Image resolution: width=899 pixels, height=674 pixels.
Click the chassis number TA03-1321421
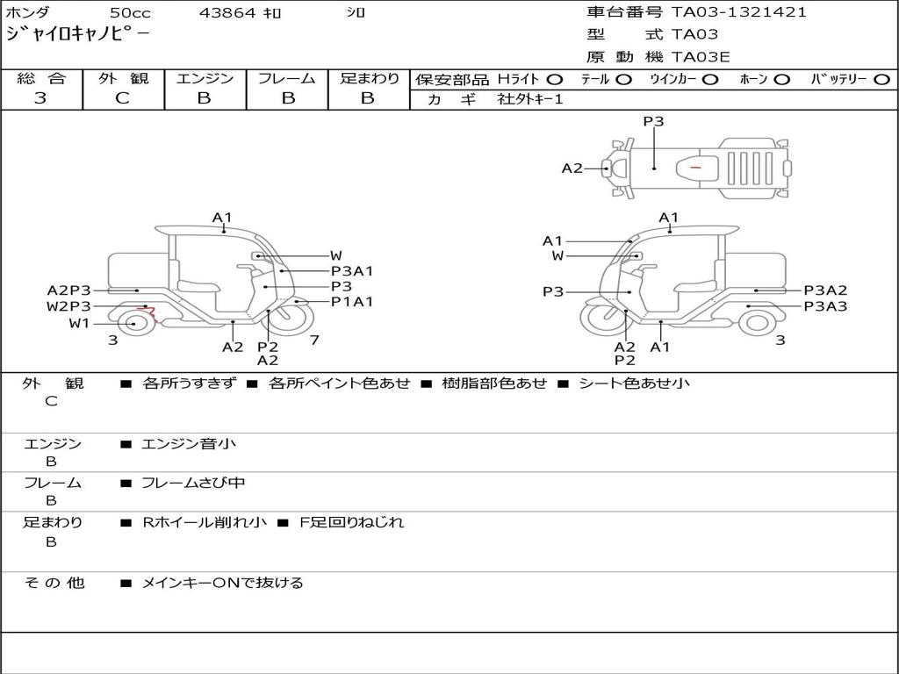(739, 12)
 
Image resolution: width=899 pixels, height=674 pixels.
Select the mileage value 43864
(227, 12)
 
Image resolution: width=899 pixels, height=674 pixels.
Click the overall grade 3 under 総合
(40, 97)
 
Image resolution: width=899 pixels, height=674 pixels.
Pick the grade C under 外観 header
(122, 97)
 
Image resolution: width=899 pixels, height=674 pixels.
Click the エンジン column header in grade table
(205, 78)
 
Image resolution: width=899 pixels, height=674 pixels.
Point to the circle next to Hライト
(555, 80)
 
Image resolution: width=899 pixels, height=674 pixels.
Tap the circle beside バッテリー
(881, 80)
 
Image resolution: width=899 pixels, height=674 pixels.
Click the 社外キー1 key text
(530, 99)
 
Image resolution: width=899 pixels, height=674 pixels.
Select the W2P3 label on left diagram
(68, 306)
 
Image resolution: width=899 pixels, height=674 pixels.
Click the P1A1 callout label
(352, 302)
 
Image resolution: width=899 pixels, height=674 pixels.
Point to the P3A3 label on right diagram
(825, 306)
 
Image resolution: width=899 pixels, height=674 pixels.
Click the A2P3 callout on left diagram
(68, 290)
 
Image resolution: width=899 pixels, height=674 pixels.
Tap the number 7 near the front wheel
(314, 340)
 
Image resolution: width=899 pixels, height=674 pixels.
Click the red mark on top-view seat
(695, 168)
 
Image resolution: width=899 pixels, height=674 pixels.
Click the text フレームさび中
(193, 484)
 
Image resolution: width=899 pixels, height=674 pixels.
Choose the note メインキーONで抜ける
(222, 583)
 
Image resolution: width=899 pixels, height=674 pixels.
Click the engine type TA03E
(701, 57)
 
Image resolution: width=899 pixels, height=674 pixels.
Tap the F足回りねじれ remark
(352, 522)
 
